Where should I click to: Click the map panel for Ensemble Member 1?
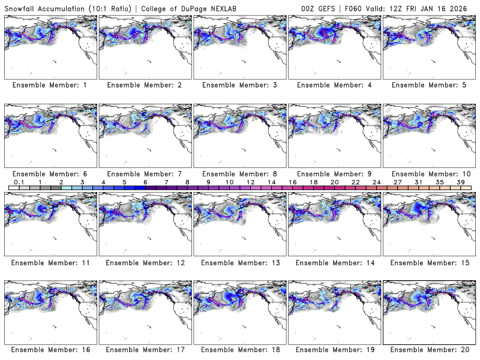pyautogui.click(x=50, y=46)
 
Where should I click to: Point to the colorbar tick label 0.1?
pyautogui.click(x=19, y=182)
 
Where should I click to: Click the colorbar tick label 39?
pyautogui.click(x=461, y=182)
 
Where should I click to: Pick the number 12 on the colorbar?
pyautogui.click(x=250, y=182)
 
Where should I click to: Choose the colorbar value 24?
pyautogui.click(x=376, y=182)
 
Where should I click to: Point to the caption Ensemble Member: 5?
pyautogui.click(x=430, y=85)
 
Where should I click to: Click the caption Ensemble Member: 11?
pyautogui.click(x=50, y=263)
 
